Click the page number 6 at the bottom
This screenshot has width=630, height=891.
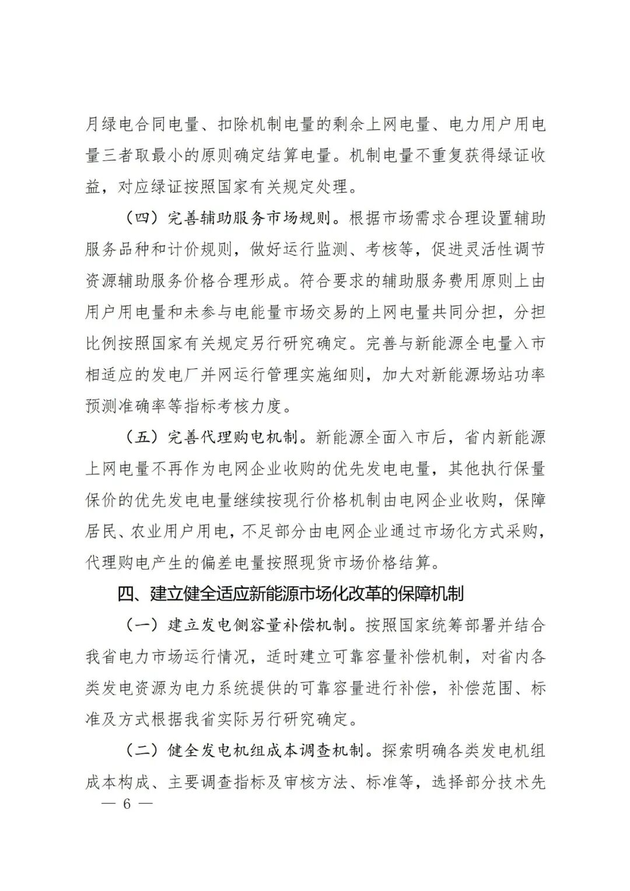pyautogui.click(x=125, y=803)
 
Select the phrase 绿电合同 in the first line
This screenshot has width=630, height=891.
pyautogui.click(x=145, y=125)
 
